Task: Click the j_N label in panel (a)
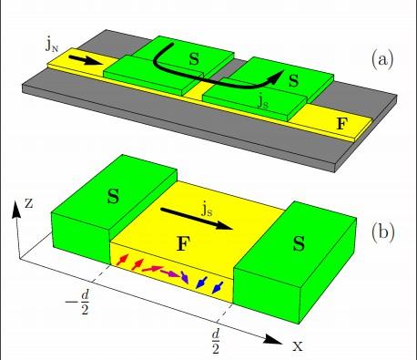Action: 52,46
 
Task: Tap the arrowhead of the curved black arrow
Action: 276,77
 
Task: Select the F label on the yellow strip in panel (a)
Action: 341,124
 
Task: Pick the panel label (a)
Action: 382,59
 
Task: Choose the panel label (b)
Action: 382,232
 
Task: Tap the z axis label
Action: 28,204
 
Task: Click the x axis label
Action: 298,346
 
